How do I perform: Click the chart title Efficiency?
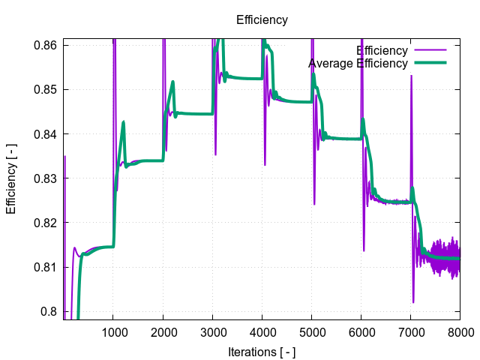pos(262,20)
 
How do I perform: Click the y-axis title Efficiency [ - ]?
pos(11,178)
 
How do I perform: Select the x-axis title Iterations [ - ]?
pos(262,351)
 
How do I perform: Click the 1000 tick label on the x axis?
pos(113,331)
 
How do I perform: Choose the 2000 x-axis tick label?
pos(163,331)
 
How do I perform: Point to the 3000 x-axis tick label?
pos(212,331)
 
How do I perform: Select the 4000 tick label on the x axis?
pos(262,331)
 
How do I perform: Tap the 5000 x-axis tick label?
pos(311,331)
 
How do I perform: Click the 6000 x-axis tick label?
pos(361,331)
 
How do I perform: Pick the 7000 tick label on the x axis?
pos(410,331)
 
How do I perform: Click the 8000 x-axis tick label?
pos(460,331)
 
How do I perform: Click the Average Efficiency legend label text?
pos(358,64)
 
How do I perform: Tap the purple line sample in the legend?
pos(430,51)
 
